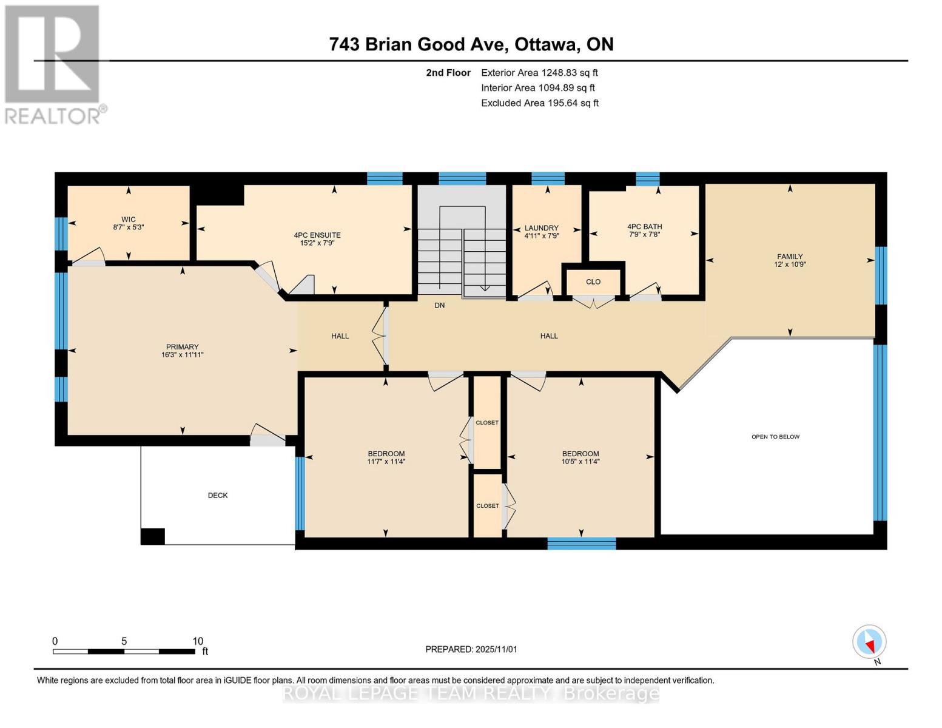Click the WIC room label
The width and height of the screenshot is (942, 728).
tap(128, 220)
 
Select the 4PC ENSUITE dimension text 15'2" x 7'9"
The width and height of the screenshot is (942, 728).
tap(317, 243)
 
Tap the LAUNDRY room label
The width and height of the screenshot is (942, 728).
tap(541, 228)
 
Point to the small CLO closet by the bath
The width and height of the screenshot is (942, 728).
tap(593, 281)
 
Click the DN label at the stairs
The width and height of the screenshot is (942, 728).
tap(440, 305)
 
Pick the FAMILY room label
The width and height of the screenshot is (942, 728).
tap(790, 257)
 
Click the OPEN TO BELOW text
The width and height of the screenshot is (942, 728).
tap(775, 437)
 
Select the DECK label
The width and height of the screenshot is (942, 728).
tap(218, 496)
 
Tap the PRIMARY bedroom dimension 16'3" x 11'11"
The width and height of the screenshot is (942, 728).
tap(183, 355)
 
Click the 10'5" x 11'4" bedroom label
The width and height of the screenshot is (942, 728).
tap(580, 462)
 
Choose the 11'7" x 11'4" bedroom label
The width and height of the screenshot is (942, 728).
tap(386, 462)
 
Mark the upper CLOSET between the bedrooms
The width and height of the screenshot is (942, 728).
tap(487, 423)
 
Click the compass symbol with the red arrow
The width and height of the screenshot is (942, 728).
tap(869, 642)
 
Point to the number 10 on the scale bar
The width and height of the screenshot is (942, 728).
tap(198, 641)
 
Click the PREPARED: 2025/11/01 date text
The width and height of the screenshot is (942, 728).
tap(471, 649)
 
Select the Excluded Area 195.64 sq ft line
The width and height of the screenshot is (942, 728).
tap(539, 103)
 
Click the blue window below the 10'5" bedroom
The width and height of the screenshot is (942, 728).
tap(581, 544)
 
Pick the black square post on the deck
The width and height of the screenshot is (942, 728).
tap(152, 536)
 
